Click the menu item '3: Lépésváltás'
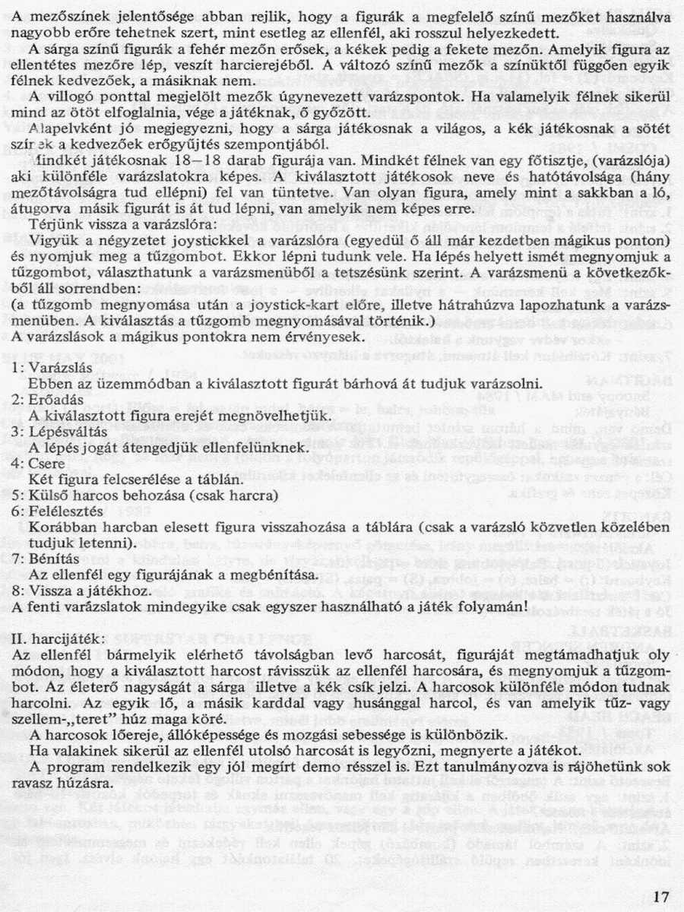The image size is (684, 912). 58,432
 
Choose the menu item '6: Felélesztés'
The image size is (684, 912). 55,512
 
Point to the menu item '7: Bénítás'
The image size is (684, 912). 46,560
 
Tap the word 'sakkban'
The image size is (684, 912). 556,194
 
